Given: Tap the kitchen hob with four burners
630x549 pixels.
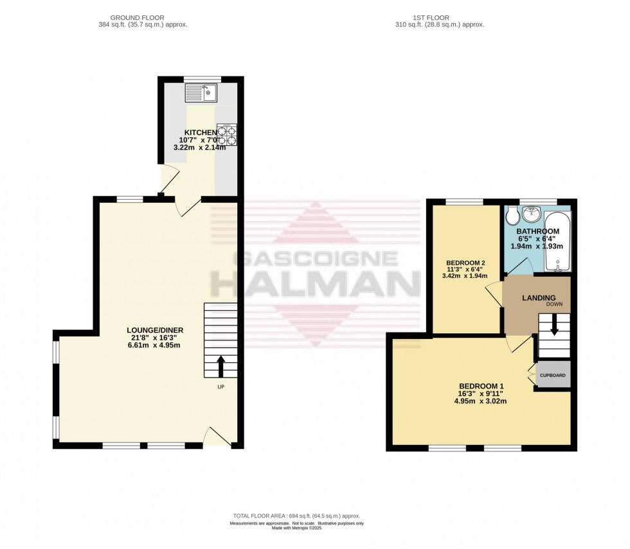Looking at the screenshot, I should [227, 134].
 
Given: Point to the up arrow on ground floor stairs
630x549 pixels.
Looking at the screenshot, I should [221, 365].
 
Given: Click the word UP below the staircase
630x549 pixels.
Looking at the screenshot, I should [221, 387].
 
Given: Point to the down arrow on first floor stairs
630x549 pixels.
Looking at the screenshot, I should [553, 328].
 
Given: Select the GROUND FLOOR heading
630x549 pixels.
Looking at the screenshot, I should [137, 17].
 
